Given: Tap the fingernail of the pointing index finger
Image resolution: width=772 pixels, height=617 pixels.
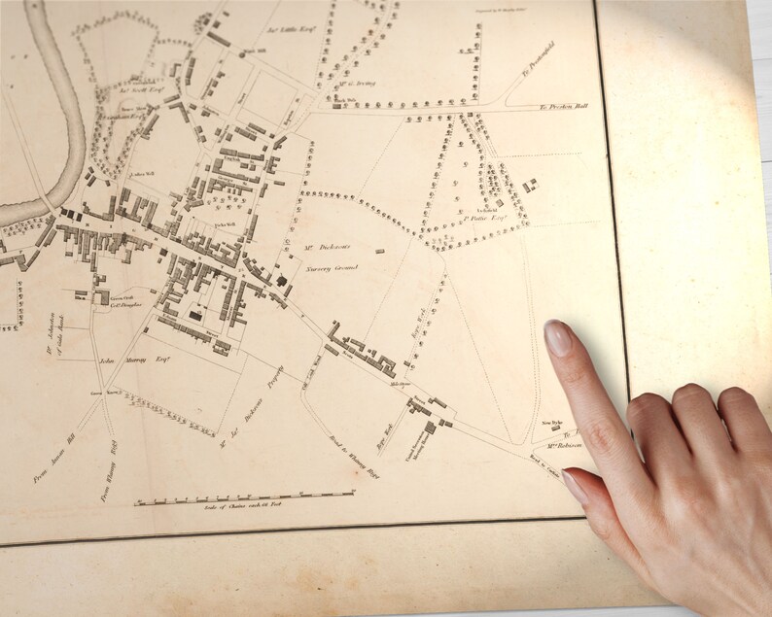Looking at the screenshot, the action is point(557,338).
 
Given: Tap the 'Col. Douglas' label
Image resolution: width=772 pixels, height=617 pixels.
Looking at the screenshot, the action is point(124,304).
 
